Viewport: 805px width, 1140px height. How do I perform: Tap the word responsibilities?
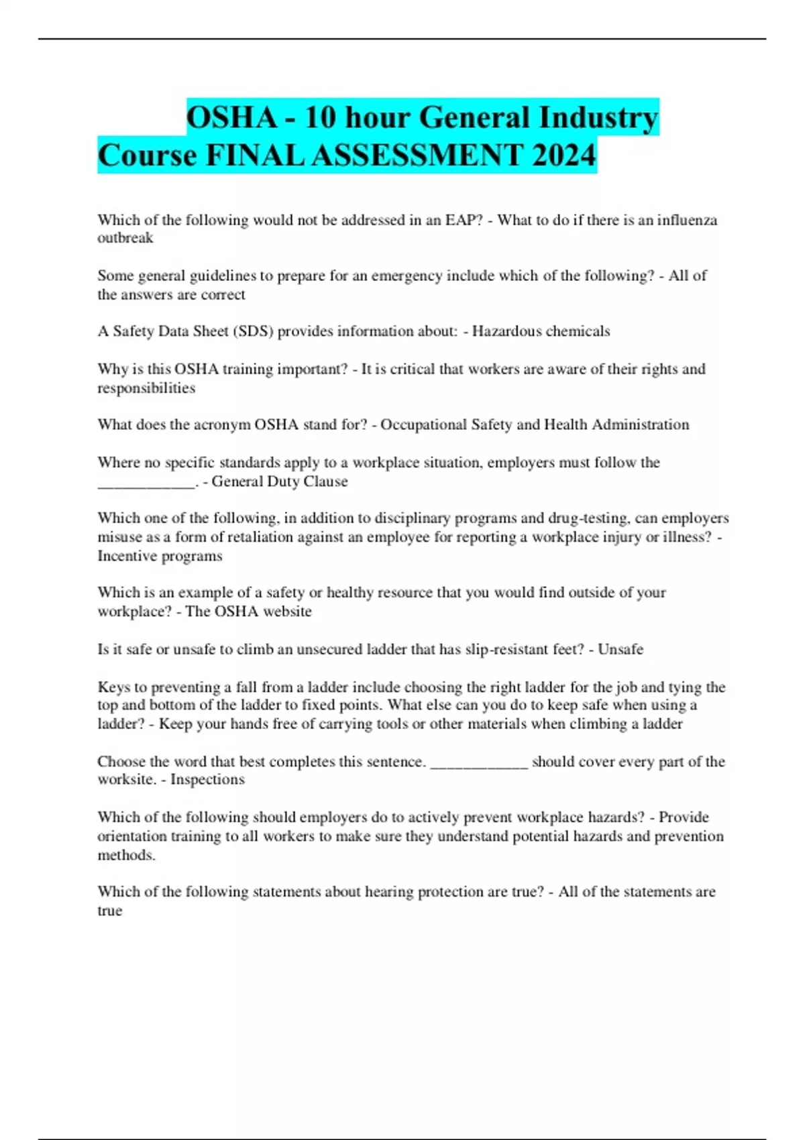pos(146,388)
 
